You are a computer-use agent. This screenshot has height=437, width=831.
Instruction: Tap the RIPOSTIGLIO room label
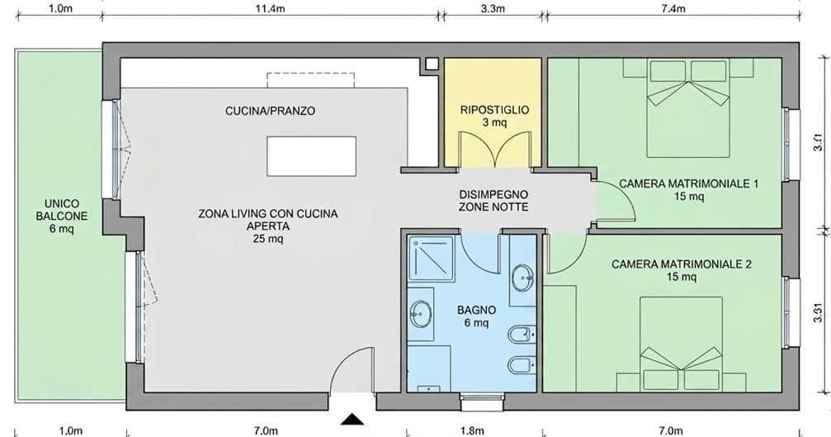(495, 109)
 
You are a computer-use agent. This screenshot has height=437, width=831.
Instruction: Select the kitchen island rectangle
(312, 154)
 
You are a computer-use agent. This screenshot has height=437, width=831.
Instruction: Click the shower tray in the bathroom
(431, 258)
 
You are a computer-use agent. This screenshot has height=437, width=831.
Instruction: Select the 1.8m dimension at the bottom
(473, 430)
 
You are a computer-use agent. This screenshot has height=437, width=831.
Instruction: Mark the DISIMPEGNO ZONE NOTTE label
(493, 201)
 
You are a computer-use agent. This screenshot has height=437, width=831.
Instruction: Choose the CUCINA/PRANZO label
(270, 111)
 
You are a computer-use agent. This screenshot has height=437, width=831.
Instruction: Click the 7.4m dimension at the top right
(673, 9)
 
